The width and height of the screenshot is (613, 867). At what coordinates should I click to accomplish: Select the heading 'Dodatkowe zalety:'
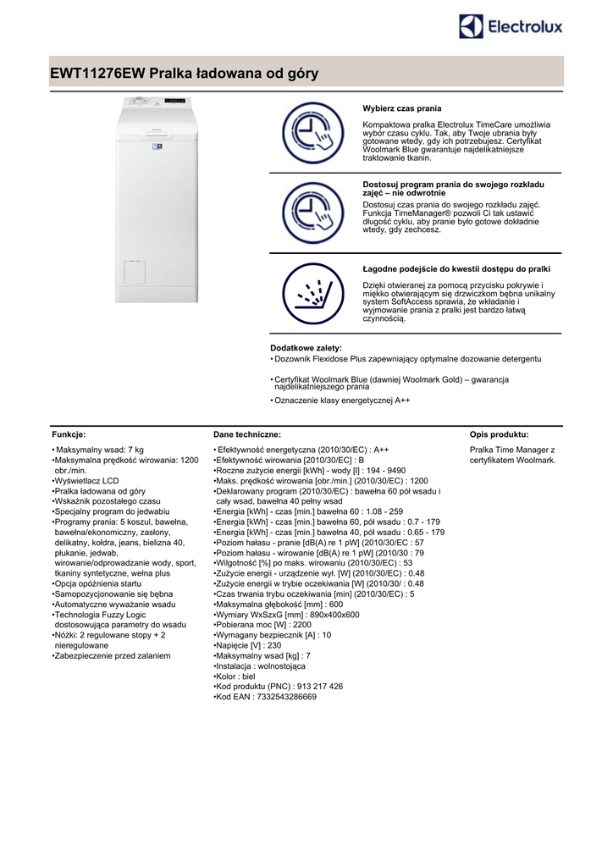tap(306, 348)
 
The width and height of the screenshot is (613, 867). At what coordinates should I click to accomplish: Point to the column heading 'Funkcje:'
tap(69, 433)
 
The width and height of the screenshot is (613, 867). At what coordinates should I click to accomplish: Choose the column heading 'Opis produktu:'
tap(499, 433)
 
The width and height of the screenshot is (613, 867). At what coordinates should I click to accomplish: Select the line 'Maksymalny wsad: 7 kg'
tap(99, 450)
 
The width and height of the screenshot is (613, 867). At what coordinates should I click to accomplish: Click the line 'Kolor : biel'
tap(237, 676)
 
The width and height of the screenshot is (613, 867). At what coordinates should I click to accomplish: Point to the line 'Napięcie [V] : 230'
tap(250, 645)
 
